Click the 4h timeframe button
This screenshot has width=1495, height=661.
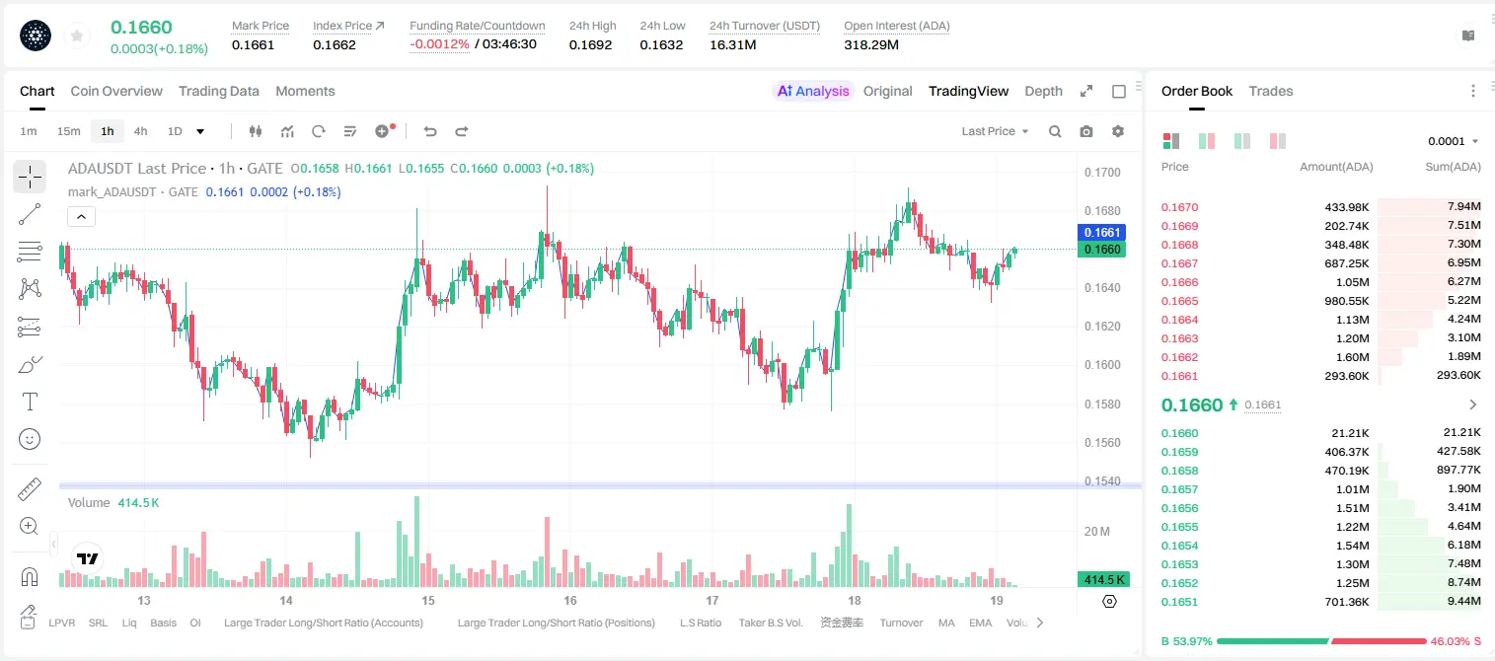pyautogui.click(x=140, y=131)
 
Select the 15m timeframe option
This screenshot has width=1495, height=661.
pyautogui.click(x=69, y=131)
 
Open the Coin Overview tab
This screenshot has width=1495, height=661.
pyautogui.click(x=116, y=91)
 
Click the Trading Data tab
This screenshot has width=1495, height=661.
pyautogui.click(x=219, y=91)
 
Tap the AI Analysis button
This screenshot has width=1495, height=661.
pyautogui.click(x=813, y=91)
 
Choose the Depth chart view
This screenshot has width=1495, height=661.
pyautogui.click(x=1044, y=91)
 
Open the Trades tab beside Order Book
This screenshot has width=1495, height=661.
pyautogui.click(x=1271, y=91)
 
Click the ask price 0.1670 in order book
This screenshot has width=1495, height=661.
pyautogui.click(x=1180, y=207)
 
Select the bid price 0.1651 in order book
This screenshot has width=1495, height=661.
pyautogui.click(x=1180, y=602)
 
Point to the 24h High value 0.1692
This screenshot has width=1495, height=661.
pyautogui.click(x=591, y=44)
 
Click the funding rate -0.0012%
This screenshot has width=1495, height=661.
pyautogui.click(x=439, y=44)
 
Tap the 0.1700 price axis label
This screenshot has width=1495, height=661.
pyautogui.click(x=1102, y=172)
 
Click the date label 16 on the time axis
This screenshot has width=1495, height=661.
pyautogui.click(x=570, y=600)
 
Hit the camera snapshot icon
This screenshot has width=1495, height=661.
pyautogui.click(x=1086, y=131)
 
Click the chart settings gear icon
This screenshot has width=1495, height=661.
pyautogui.click(x=1118, y=131)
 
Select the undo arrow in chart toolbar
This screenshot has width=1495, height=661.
pyautogui.click(x=430, y=131)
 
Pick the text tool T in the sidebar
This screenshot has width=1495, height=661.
pyautogui.click(x=30, y=402)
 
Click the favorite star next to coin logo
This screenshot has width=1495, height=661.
pyautogui.click(x=77, y=37)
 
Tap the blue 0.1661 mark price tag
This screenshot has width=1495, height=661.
pyautogui.click(x=1102, y=232)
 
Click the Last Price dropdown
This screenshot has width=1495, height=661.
pyautogui.click(x=995, y=131)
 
